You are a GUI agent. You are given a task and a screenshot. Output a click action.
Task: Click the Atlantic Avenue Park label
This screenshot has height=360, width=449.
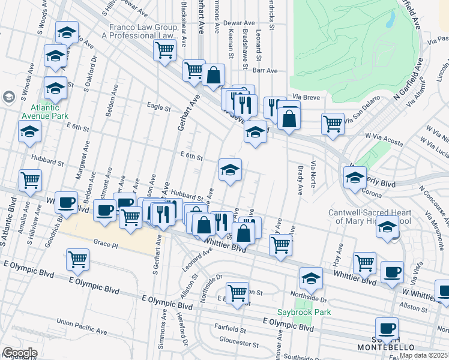point(44,111)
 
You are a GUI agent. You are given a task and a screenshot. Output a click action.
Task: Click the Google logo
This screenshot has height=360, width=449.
point(20,353)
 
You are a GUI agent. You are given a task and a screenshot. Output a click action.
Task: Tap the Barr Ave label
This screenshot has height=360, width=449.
point(265,70)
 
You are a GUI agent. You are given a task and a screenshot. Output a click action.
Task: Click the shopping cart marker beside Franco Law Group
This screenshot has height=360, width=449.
point(164,50)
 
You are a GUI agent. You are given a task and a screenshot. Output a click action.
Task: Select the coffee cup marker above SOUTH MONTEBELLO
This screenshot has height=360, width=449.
point(387,328)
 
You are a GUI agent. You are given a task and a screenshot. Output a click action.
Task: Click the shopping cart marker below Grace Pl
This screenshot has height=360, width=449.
point(78,260)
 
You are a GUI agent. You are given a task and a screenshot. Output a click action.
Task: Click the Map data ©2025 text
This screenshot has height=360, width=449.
point(424,355)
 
